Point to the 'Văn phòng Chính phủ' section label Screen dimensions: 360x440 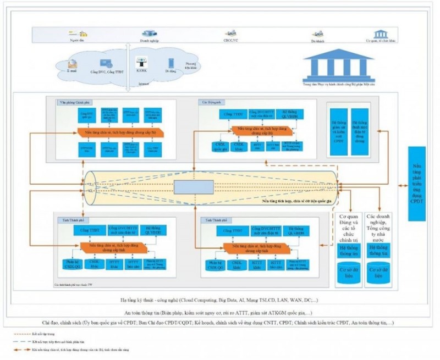pos(74,103)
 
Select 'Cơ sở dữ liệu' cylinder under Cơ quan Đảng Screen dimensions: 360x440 pos(348,273)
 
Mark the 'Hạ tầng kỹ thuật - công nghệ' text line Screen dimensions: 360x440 pos(220,301)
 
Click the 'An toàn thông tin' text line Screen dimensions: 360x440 pos(220,312)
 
